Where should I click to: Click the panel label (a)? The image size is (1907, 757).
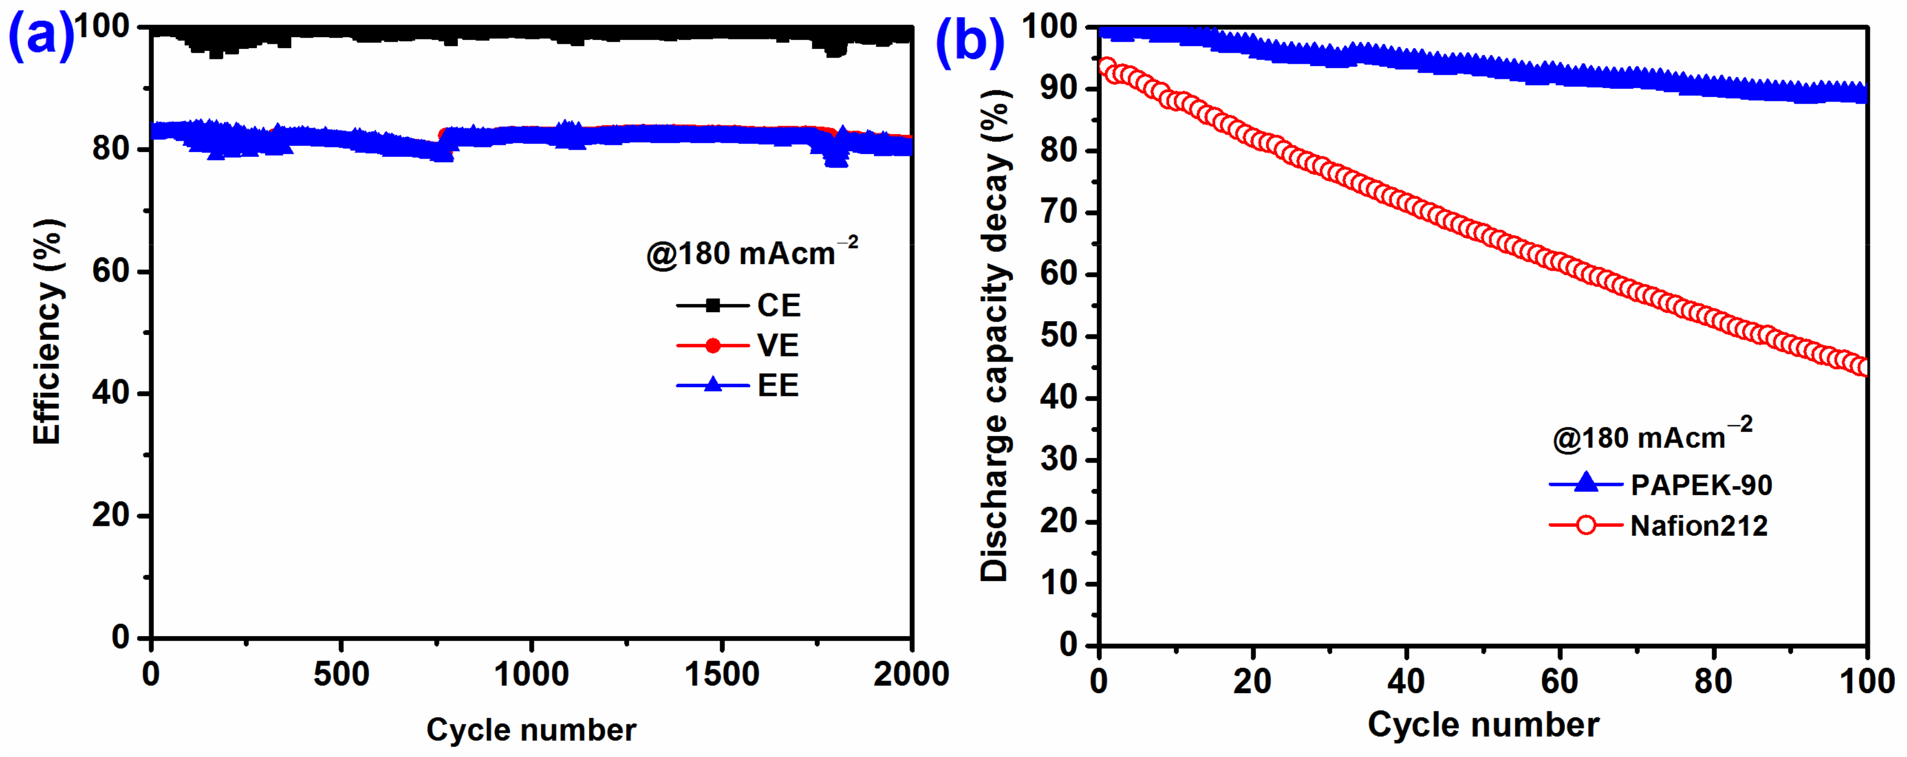coord(41,35)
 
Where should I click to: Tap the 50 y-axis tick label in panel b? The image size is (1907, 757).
coord(1059,336)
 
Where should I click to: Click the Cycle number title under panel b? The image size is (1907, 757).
coord(1483,724)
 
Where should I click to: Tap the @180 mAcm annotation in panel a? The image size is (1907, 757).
coord(751,253)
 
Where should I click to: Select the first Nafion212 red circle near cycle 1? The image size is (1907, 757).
coord(1107,67)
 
